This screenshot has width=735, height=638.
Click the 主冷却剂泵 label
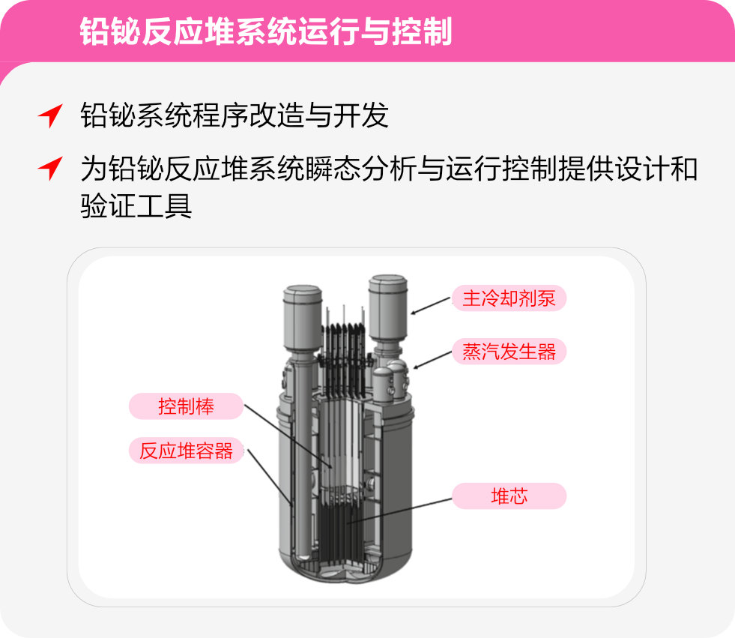pyautogui.click(x=509, y=298)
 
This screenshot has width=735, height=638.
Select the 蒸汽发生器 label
pyautogui.click(x=509, y=352)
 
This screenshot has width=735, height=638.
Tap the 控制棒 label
pyautogui.click(x=186, y=406)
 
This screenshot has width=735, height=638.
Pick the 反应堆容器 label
pyautogui.click(x=186, y=451)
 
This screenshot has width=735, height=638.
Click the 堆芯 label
pyautogui.click(x=509, y=496)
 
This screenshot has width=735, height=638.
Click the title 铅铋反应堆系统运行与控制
pyautogui.click(x=265, y=31)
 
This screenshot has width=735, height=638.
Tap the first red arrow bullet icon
pyautogui.click(x=49, y=116)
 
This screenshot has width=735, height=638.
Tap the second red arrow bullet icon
pyautogui.click(x=49, y=169)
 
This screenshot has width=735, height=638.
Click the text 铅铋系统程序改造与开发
pyautogui.click(x=234, y=116)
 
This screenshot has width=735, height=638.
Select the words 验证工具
pyautogui.click(x=136, y=205)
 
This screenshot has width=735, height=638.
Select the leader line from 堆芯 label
pyautogui.click(x=405, y=510)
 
